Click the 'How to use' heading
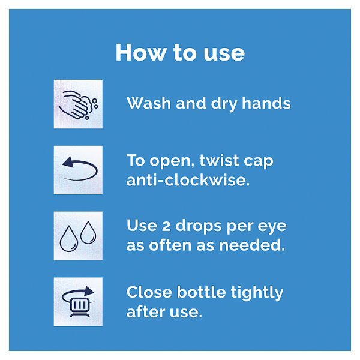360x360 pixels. point(180,52)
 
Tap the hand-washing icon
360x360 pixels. point(78,104)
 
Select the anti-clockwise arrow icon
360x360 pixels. point(78,170)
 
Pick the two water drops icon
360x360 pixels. point(78,236)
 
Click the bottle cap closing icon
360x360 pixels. point(78,302)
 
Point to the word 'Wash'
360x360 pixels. point(149,103)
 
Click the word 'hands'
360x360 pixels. point(266,103)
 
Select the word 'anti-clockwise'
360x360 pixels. point(188,180)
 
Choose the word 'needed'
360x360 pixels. point(251,245)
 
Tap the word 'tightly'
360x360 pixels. point(257,293)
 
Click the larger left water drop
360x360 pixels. point(69,239)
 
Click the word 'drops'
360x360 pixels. point(199,226)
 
